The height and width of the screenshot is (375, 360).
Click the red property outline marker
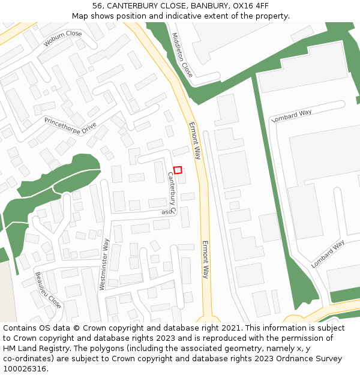click(x=178, y=170)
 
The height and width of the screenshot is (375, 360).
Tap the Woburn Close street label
click(x=62, y=38)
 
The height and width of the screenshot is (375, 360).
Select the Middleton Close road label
click(x=182, y=55)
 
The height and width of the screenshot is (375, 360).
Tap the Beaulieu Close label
click(x=48, y=290)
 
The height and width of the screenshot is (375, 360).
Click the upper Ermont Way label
click(x=194, y=140)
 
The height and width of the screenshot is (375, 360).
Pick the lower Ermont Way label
click(x=205, y=259)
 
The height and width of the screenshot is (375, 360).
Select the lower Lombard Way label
click(x=328, y=254)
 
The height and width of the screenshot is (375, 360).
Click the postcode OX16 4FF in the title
click(x=251, y=5)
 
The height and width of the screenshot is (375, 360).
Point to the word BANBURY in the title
click(x=208, y=5)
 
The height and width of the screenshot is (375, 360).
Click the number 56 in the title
click(x=98, y=5)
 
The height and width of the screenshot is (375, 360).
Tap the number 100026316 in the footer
click(x=25, y=368)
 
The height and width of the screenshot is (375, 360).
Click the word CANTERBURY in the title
click(x=132, y=5)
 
